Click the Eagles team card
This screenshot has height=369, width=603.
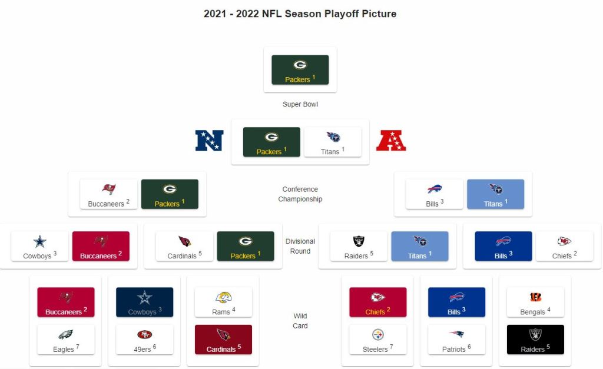click(x=66, y=340)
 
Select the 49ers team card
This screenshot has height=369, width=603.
click(x=145, y=340)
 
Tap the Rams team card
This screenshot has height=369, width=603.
click(x=223, y=302)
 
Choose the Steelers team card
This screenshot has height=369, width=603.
click(x=377, y=340)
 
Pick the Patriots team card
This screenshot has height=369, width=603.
click(x=456, y=340)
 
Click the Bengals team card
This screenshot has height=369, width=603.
click(x=535, y=302)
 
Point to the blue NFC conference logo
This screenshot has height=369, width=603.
click(x=209, y=140)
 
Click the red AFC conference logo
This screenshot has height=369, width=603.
click(x=391, y=140)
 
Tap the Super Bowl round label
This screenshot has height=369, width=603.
click(x=300, y=104)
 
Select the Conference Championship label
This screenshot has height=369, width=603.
click(x=300, y=194)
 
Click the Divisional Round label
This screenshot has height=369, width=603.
click(x=300, y=246)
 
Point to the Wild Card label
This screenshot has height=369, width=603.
click(x=300, y=321)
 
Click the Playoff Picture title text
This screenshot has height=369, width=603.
click(x=300, y=14)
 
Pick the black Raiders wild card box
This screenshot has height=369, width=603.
click(x=535, y=340)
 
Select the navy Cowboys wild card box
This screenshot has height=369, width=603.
click(x=145, y=302)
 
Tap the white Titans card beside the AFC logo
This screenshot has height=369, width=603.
click(x=333, y=142)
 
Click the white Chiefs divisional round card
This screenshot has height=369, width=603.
click(x=564, y=246)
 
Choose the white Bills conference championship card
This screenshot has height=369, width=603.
click(x=435, y=194)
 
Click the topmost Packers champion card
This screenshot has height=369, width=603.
click(x=300, y=69)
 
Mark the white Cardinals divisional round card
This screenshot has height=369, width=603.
click(x=184, y=246)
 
